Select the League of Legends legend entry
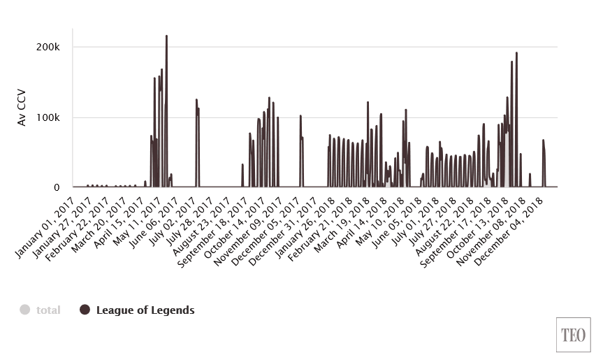(145, 310)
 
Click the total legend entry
(48, 310)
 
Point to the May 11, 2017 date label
(147, 213)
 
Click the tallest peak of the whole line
(166, 36)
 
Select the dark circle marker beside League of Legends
(85, 310)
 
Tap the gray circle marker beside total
(25, 310)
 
